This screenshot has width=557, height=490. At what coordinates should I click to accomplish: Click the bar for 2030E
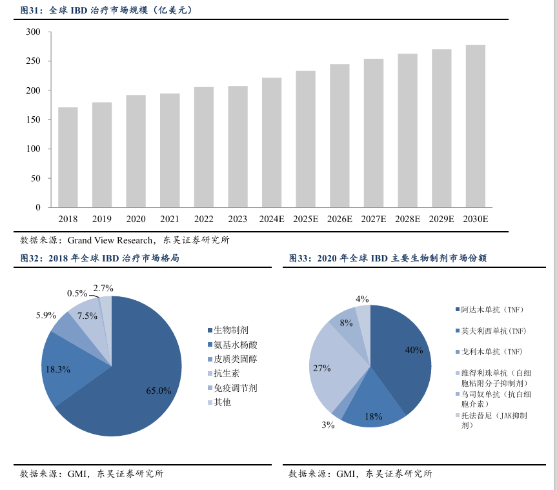[x=476, y=126]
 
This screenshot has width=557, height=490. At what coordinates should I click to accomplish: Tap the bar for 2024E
[x=272, y=142]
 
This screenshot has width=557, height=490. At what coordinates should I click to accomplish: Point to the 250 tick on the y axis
[x=34, y=61]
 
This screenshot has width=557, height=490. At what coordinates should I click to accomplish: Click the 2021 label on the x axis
[x=170, y=219]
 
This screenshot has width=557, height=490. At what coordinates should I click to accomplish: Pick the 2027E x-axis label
[x=374, y=219]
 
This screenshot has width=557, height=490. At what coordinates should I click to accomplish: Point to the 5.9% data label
[x=46, y=316]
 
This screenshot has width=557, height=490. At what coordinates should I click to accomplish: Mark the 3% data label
[x=328, y=425]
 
